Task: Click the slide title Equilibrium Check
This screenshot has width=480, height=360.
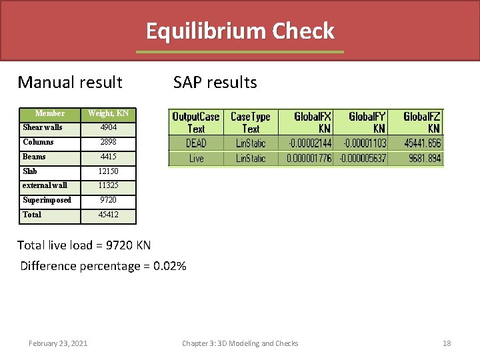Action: pyautogui.click(x=240, y=31)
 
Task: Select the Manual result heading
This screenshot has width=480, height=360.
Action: pyautogui.click(x=70, y=83)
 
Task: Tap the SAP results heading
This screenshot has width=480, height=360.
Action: pyautogui.click(x=215, y=83)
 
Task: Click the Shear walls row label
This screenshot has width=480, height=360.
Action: pyautogui.click(x=43, y=127)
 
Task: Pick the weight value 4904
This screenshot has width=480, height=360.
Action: pyautogui.click(x=108, y=127)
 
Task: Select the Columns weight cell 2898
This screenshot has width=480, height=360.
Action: pyautogui.click(x=108, y=142)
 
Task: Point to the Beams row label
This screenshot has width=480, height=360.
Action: pyautogui.click(x=35, y=157)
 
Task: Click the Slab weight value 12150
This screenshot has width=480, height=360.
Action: pyautogui.click(x=108, y=171)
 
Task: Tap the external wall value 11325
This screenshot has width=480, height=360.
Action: pyautogui.click(x=108, y=185)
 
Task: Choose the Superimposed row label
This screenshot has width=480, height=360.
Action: pyautogui.click(x=47, y=200)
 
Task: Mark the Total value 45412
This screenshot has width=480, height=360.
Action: pyautogui.click(x=108, y=215)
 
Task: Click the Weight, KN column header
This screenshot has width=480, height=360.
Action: pyautogui.click(x=108, y=113)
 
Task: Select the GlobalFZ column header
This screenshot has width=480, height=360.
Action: pyautogui.click(x=421, y=122)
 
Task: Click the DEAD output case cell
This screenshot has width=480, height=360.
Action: pyautogui.click(x=196, y=143)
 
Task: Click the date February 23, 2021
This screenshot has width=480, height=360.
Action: pyautogui.click(x=57, y=343)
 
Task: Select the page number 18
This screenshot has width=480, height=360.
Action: pyautogui.click(x=447, y=343)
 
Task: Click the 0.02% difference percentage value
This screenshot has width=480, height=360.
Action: pyautogui.click(x=169, y=267)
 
